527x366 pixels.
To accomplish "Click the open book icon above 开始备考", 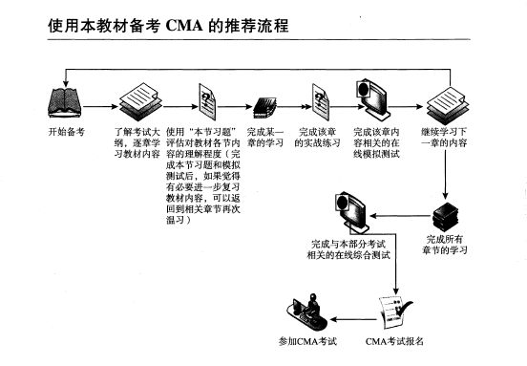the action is click(x=65, y=103).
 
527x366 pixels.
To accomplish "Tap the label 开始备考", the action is click(x=67, y=132).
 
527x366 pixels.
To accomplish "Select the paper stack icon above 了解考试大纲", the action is click(x=140, y=102).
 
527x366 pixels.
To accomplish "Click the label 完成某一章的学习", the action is click(x=265, y=138).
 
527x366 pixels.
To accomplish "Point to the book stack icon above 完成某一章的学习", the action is click(x=264, y=108).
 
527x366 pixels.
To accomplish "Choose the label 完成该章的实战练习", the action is click(x=317, y=138).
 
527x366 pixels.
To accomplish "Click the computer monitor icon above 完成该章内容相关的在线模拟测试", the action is click(x=373, y=99).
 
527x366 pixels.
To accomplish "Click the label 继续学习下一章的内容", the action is click(x=444, y=138).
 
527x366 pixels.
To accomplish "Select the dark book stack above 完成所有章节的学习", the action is click(x=445, y=216).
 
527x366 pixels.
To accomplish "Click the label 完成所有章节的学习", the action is click(x=445, y=245).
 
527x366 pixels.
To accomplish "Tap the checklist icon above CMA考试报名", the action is click(x=394, y=312).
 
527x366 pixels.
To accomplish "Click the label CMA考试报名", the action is click(x=394, y=341).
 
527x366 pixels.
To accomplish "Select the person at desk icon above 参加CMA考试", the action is click(x=307, y=312).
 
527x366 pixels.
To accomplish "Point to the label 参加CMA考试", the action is click(x=307, y=341).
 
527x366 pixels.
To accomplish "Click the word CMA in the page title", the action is click(x=184, y=26).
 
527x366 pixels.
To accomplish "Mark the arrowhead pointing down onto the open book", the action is click(x=66, y=84).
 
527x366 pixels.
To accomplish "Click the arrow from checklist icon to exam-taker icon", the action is click(x=353, y=319).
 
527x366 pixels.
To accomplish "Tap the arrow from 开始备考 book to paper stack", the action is click(x=100, y=107).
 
